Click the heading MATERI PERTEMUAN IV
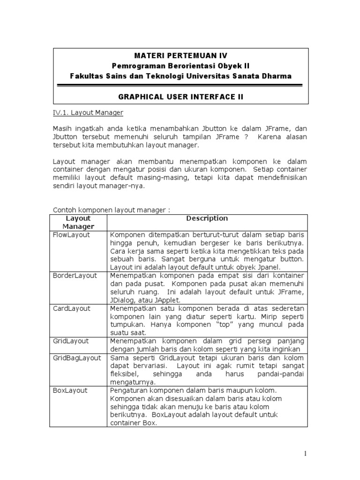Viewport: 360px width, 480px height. (180, 56)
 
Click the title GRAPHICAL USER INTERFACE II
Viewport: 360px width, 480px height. (180, 97)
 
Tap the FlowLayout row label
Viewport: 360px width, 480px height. (72, 235)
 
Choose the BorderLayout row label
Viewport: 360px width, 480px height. (75, 275)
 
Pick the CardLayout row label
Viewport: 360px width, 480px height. (72, 308)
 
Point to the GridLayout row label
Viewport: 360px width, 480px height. (71, 341)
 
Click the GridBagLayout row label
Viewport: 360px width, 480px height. (76, 358)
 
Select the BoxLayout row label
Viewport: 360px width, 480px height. (70, 390)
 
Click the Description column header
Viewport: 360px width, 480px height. (207, 218)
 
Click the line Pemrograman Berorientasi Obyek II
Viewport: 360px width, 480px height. (180, 66)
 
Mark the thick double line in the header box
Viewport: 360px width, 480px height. (180, 85)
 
